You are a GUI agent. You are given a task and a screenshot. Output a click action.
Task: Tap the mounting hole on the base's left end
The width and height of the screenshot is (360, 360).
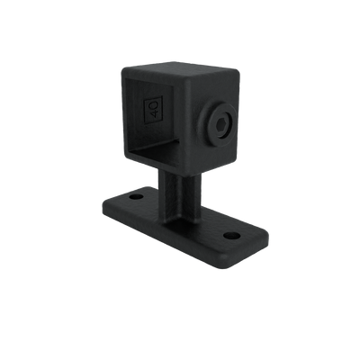(x=136, y=194)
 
